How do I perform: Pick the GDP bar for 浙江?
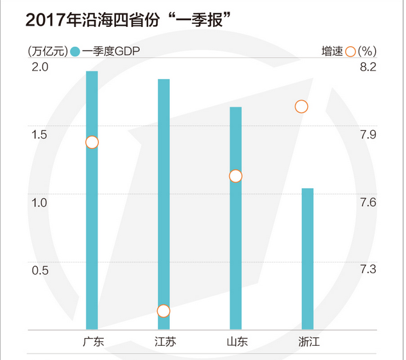tap(308, 259)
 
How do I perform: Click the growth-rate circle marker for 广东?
tap(92, 142)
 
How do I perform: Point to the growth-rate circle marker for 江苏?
tap(164, 311)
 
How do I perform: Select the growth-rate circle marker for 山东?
tap(235, 176)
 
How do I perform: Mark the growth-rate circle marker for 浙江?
tap(301, 107)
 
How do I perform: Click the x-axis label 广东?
tap(92, 342)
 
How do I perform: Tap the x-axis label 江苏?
tap(165, 342)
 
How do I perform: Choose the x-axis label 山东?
tap(237, 342)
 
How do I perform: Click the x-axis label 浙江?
tap(309, 342)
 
